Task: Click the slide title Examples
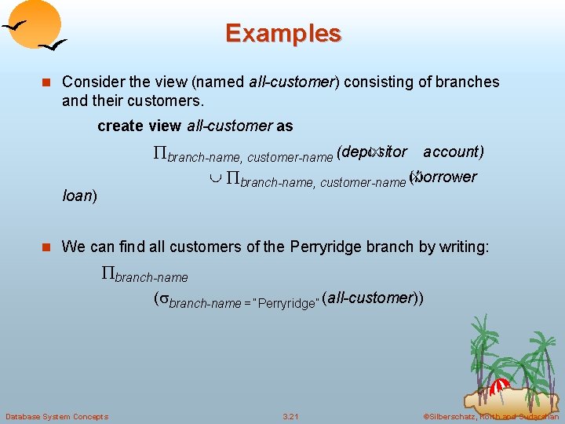283,34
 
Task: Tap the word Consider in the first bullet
89,82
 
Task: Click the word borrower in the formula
447,177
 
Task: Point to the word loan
77,196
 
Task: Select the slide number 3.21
290,416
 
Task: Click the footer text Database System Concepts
56,416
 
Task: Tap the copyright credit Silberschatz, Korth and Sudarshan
490,416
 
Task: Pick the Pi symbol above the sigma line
108,274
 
